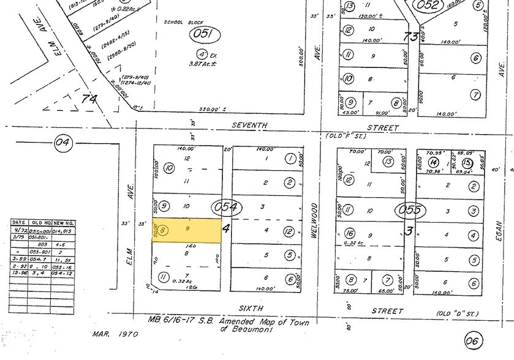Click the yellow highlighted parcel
tap(187, 231)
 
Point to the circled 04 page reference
tap(63, 143)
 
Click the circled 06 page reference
tap(474, 340)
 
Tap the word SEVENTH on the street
tap(249, 126)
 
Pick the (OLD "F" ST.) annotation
tap(346, 135)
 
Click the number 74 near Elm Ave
tap(89, 98)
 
